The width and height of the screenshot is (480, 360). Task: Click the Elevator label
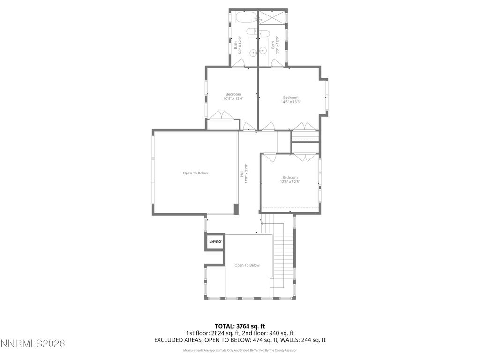[x=215, y=241]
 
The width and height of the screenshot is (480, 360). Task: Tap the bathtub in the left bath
[x=244, y=18]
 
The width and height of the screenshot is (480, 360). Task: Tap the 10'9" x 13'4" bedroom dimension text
[x=233, y=98]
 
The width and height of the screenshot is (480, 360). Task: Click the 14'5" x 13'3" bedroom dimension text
[x=291, y=102]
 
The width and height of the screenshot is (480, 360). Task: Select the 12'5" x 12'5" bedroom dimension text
[x=290, y=182]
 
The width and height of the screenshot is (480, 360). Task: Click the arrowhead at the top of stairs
[x=262, y=224]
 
